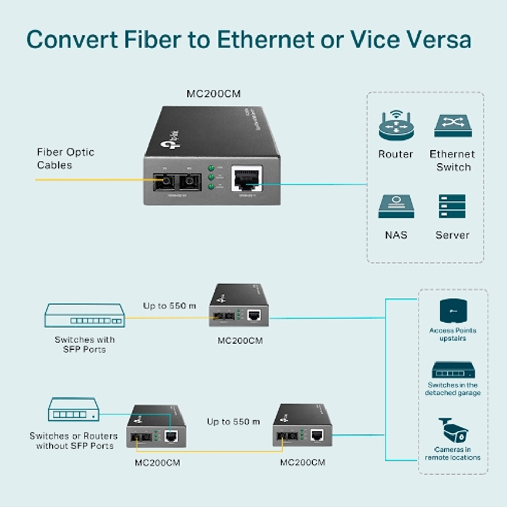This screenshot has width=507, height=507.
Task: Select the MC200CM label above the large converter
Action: coord(212,93)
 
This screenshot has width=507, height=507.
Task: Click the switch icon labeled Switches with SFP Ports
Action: coord(84,316)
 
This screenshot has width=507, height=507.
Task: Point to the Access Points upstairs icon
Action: coord(453,311)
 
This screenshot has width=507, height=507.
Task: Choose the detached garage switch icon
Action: coord(453,371)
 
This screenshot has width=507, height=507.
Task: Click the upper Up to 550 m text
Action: coord(169,306)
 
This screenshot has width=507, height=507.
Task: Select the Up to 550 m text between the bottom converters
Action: coord(233,422)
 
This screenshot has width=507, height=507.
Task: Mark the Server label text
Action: coord(452,235)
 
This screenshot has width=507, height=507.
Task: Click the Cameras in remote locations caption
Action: coord(453,453)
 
